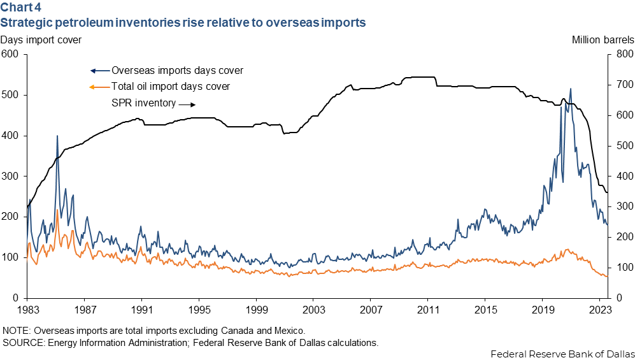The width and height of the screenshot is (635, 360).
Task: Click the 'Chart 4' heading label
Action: pyautogui.click(x=20, y=7)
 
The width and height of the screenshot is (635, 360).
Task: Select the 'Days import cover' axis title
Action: pyautogui.click(x=41, y=40)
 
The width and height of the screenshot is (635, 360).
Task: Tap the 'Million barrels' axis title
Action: pyautogui.click(x=603, y=40)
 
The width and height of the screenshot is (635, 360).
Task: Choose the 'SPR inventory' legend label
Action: pyautogui.click(x=144, y=103)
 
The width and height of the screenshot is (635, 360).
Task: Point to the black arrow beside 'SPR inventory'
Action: pyautogui.click(x=187, y=104)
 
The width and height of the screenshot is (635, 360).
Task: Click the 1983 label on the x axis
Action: pyautogui.click(x=27, y=310)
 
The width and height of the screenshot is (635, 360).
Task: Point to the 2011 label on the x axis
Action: pyautogui.click(x=428, y=310)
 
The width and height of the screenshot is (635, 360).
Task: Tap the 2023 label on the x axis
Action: pyautogui.click(x=600, y=310)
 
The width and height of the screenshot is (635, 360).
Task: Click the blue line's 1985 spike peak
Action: pyautogui.click(x=57, y=136)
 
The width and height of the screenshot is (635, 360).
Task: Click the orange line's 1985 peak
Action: pyautogui.click(x=57, y=210)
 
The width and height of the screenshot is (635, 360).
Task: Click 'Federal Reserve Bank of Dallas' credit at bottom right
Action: pyautogui.click(x=562, y=354)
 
